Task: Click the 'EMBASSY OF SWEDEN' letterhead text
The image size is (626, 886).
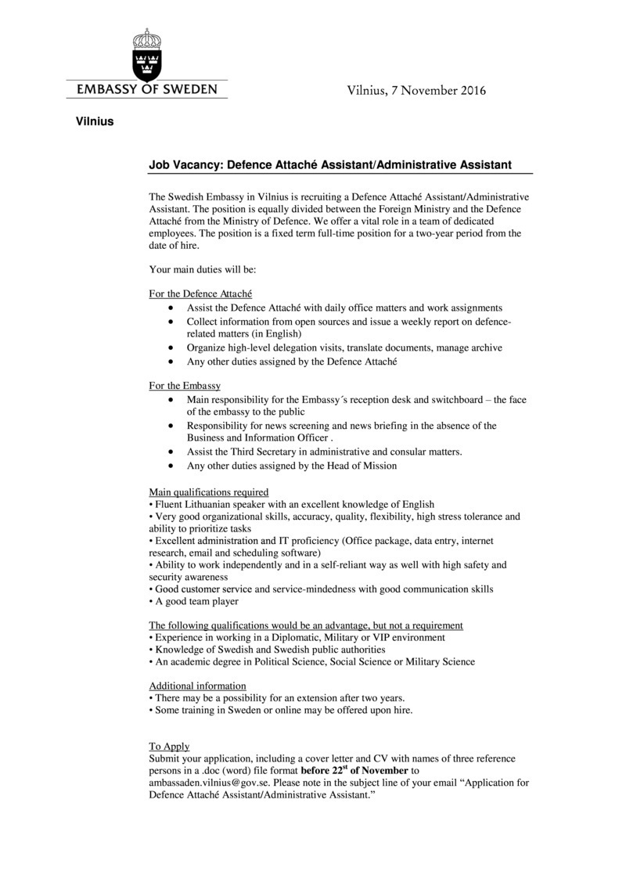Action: [x=147, y=89]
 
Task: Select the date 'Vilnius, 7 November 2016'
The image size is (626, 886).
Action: [x=416, y=91]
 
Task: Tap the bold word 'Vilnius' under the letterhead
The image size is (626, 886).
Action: [x=95, y=121]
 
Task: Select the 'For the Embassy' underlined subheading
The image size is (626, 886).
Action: [x=185, y=386]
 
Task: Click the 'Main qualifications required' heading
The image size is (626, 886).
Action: [x=209, y=492]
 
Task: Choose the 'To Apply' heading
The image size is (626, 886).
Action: [x=169, y=746]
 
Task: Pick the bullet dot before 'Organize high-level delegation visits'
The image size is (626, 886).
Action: [x=171, y=348]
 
